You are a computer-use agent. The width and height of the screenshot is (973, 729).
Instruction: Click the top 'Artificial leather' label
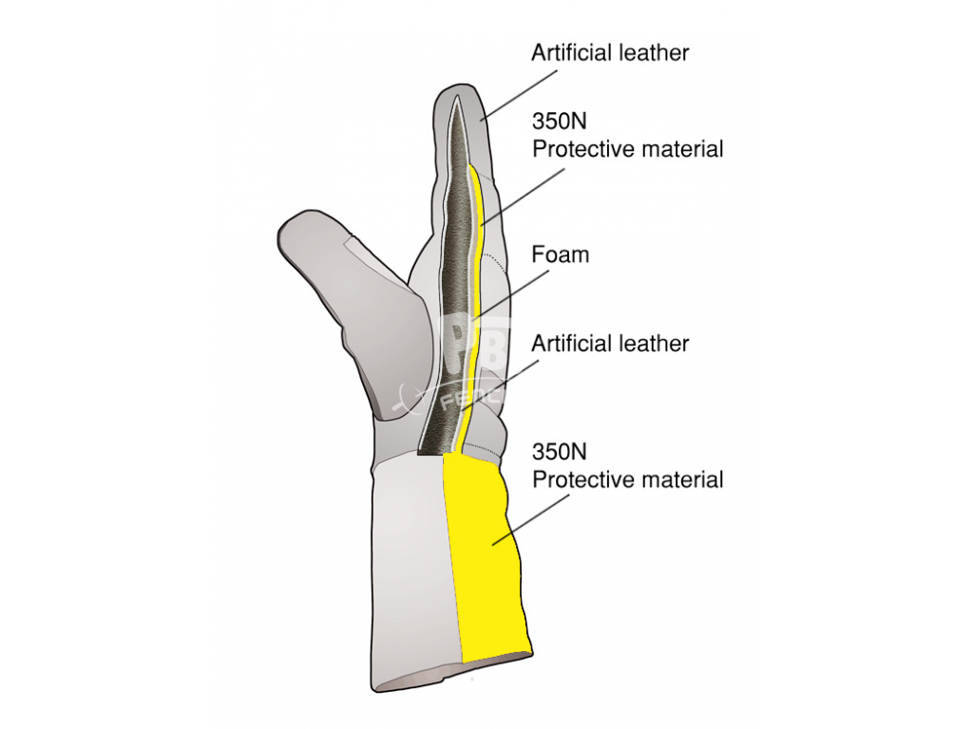coord(610,53)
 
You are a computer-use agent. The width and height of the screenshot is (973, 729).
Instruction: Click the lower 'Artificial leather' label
coord(610,344)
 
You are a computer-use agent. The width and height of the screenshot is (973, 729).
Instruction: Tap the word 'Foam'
coord(561,254)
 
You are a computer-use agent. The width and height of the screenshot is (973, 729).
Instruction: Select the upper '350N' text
coord(559,121)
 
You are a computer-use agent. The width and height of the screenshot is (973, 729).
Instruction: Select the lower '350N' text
coord(559,452)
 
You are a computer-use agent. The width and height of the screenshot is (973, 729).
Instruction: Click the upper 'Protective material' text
coord(628,149)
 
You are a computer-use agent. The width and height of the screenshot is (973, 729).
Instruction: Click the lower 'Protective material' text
coord(628,479)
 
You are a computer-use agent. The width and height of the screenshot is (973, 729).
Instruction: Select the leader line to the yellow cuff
coord(531,520)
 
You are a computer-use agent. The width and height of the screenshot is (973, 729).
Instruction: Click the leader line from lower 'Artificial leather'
coord(500,385)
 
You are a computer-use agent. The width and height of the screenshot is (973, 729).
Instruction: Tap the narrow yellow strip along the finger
coord(475,297)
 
